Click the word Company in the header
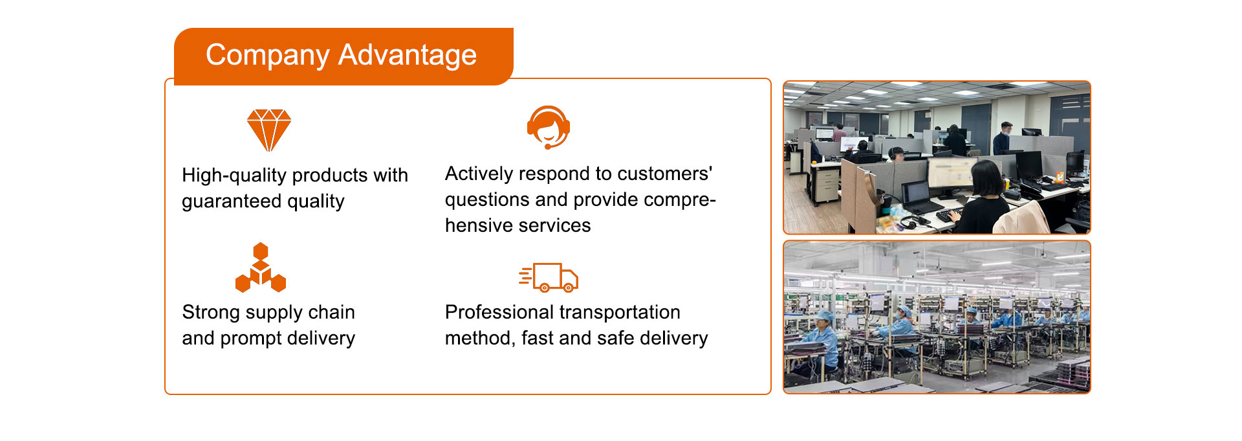pyautogui.click(x=267, y=56)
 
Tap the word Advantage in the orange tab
pyautogui.click(x=408, y=56)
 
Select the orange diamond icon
pyautogui.click(x=269, y=130)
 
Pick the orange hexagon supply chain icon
pyautogui.click(x=261, y=267)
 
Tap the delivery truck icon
pyautogui.click(x=549, y=277)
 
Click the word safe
pyautogui.click(x=613, y=338)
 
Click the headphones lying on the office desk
pyautogui.click(x=912, y=223)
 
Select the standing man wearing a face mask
pyautogui.click(x=1004, y=138)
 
